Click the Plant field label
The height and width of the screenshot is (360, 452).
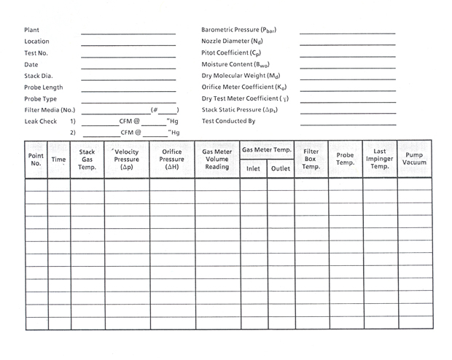(31, 30)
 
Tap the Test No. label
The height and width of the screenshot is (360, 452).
(36, 52)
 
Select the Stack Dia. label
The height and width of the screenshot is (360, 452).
(39, 76)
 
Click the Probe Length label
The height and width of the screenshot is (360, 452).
(44, 87)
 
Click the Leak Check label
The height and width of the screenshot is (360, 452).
(40, 121)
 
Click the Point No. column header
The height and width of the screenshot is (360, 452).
(36, 160)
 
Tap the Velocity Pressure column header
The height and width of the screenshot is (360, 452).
(126, 159)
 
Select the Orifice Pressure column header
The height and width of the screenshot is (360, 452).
(172, 159)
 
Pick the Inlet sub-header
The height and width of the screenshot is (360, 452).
(253, 168)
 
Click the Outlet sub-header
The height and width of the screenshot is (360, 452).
(281, 168)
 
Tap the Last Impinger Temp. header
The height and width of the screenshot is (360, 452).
(380, 159)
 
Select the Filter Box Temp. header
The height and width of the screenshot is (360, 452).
(311, 159)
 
